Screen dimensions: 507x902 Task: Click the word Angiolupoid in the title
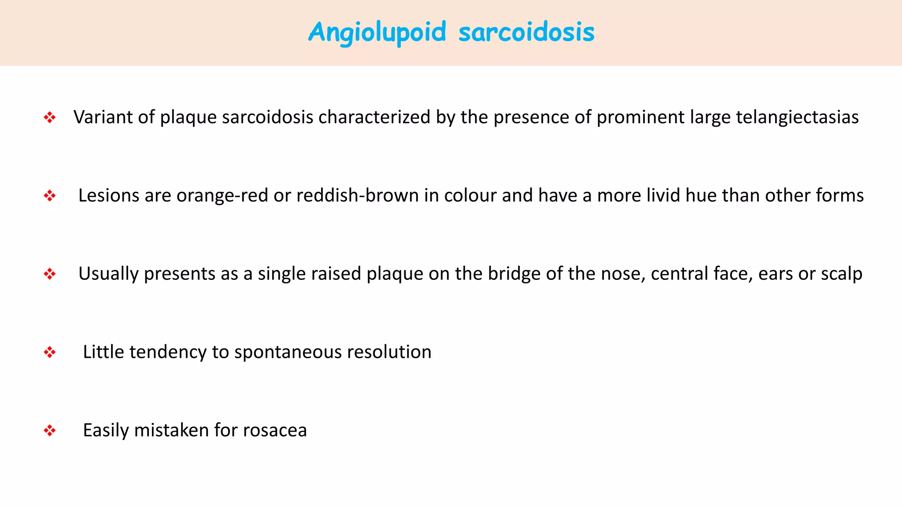click(x=377, y=33)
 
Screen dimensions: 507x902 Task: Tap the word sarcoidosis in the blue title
click(x=526, y=33)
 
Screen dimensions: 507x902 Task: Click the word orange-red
click(x=222, y=195)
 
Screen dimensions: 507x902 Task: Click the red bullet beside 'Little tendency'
click(x=50, y=352)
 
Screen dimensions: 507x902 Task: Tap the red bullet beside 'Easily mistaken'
click(x=50, y=430)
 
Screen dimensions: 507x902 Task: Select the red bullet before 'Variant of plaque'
click(x=50, y=118)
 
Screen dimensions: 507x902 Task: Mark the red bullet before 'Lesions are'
click(x=50, y=196)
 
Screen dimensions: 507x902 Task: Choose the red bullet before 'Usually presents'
click(x=50, y=274)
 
